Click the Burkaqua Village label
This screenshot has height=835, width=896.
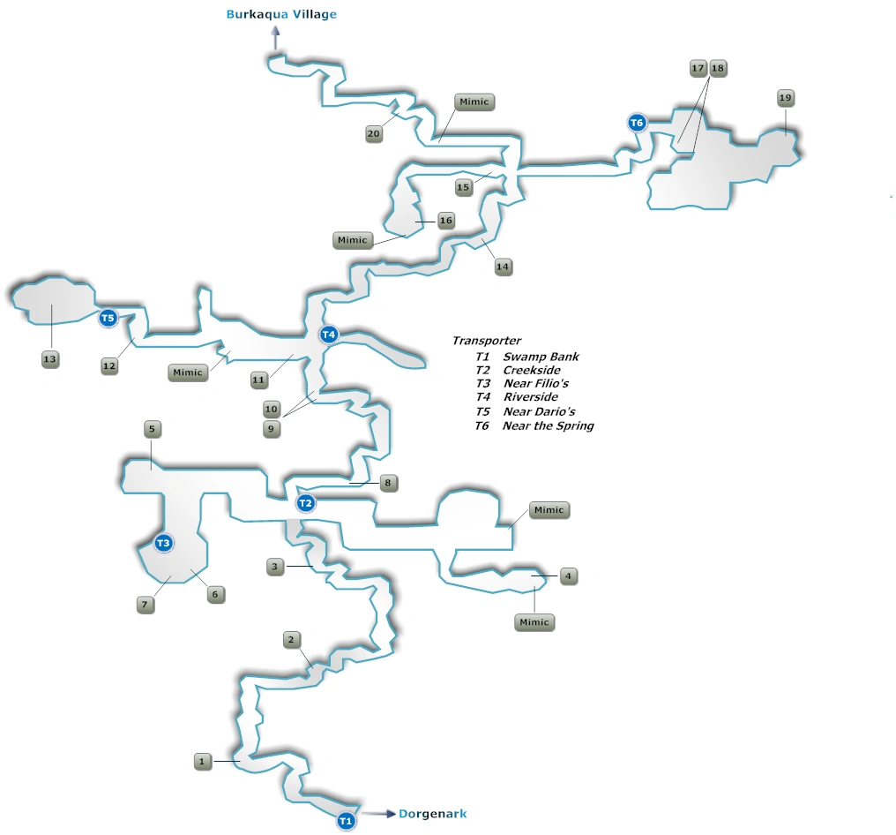(281, 14)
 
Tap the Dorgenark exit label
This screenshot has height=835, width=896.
(433, 813)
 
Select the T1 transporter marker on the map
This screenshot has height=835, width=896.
(346, 821)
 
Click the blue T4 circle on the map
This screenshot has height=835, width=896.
(329, 335)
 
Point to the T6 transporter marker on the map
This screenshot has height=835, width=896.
(637, 123)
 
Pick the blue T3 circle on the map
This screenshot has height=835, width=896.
(163, 543)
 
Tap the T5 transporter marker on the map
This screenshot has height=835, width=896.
(108, 318)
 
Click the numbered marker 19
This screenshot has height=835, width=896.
(786, 98)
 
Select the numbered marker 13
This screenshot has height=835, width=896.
(49, 359)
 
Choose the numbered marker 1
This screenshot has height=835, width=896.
(202, 761)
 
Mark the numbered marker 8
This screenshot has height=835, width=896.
(388, 483)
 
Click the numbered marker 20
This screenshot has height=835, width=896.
(374, 134)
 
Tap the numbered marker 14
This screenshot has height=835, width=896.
(503, 267)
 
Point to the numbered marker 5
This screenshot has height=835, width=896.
(152, 429)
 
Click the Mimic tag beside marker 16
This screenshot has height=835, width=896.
(352, 240)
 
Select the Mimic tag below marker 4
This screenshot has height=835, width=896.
(534, 622)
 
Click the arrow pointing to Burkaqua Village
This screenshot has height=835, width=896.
(275, 39)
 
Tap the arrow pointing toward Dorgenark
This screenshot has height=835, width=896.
(378, 814)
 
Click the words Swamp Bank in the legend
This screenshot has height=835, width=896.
(541, 357)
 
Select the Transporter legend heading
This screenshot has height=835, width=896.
(486, 341)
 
